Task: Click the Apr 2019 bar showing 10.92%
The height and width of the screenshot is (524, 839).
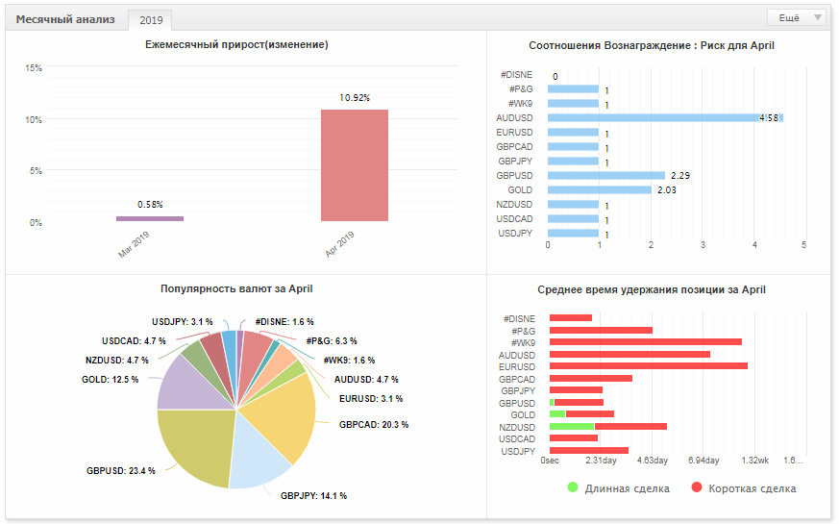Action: (x=355, y=164)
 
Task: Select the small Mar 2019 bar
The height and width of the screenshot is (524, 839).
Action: (x=150, y=218)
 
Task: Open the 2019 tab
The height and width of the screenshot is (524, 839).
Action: (x=151, y=20)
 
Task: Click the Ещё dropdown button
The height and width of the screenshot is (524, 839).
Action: (x=797, y=17)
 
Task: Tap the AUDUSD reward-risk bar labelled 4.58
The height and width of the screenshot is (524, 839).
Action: (x=665, y=117)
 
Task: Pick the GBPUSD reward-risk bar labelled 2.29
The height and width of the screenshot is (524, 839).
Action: (x=606, y=176)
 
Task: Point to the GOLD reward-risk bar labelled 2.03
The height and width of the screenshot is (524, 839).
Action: (x=600, y=190)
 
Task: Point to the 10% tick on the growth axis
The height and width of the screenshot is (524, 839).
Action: (x=34, y=120)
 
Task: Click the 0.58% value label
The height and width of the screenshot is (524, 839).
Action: (x=150, y=205)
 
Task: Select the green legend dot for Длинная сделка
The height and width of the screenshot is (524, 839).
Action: (x=573, y=487)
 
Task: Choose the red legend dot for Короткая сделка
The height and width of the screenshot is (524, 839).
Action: (x=696, y=487)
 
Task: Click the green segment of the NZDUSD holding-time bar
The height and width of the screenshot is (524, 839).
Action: (x=572, y=427)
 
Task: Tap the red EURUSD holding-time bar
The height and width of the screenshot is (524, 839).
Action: (x=649, y=366)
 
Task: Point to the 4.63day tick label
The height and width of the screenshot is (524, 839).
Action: (x=653, y=461)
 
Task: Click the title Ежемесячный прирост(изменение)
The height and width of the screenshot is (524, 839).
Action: (x=236, y=45)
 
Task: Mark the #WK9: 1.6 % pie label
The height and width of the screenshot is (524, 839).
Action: (x=349, y=361)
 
